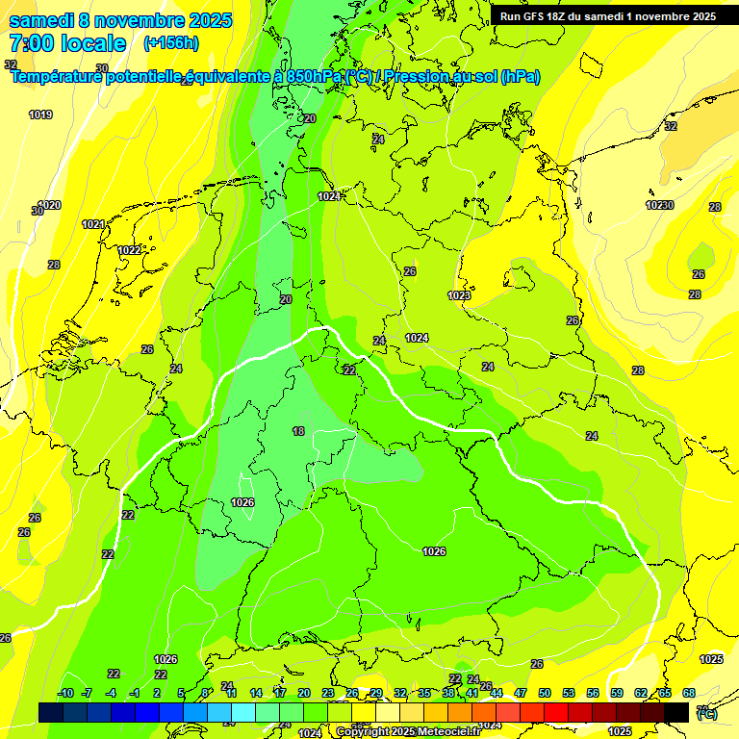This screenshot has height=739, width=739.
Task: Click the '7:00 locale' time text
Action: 67,43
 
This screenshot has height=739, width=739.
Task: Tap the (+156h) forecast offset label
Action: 171,43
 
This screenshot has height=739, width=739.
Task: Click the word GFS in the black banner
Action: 540,16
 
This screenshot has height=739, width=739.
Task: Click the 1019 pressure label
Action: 40,115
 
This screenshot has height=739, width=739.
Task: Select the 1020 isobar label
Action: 49,205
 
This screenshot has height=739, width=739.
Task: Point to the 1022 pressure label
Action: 130,250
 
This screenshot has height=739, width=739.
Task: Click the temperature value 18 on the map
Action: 298,431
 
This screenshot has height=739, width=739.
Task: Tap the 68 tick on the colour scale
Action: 689,693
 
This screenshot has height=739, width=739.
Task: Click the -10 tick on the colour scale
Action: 66,693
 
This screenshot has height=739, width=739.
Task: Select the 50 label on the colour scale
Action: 545,693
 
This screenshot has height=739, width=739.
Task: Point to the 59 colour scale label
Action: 617,693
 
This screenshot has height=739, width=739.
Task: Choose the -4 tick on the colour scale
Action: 111,693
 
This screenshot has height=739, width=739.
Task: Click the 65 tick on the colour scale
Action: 665,693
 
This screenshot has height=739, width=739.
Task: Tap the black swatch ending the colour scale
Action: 676,711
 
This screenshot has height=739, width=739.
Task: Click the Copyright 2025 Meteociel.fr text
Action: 408,732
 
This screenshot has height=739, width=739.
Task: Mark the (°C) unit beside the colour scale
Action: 706,713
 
